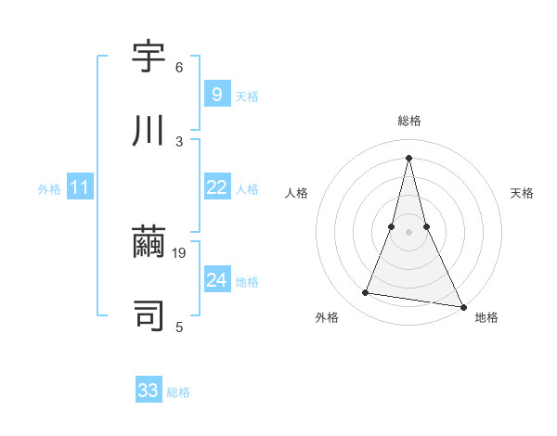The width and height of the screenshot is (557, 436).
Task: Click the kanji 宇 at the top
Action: click(x=149, y=58)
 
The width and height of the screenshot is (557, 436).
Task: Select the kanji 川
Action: click(x=149, y=131)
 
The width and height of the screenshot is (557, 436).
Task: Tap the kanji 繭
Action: click(x=149, y=244)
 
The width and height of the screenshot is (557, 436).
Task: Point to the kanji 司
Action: click(x=149, y=316)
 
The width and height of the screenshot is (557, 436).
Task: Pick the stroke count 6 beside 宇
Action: click(x=179, y=68)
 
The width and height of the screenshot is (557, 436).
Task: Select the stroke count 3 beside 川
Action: click(x=179, y=141)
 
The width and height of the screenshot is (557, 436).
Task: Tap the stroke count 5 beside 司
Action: click(x=179, y=327)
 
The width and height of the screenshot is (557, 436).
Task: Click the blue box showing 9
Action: click(x=216, y=94)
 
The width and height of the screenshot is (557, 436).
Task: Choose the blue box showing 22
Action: click(x=216, y=187)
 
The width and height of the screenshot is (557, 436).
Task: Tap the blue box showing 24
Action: click(x=216, y=279)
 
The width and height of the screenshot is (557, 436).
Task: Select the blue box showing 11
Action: click(x=80, y=187)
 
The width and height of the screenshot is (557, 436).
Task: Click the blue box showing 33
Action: click(x=149, y=391)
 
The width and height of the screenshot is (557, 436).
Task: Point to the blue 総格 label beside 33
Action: click(x=178, y=392)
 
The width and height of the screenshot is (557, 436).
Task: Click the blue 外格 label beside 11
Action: click(x=49, y=189)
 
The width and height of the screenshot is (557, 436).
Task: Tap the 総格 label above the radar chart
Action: click(x=408, y=121)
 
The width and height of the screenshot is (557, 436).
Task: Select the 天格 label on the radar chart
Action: click(x=523, y=193)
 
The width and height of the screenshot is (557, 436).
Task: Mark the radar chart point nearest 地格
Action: click(x=462, y=306)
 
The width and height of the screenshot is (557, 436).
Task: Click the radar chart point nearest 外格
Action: click(x=366, y=293)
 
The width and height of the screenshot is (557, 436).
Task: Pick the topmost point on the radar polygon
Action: click(x=408, y=158)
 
